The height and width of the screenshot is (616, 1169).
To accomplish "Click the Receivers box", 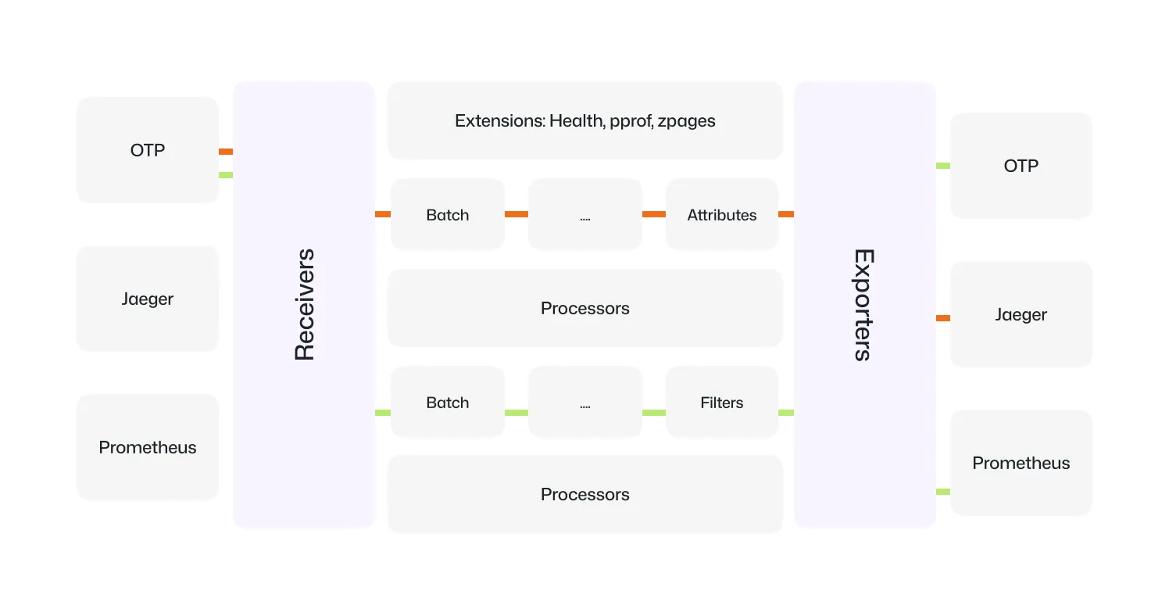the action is [303, 304].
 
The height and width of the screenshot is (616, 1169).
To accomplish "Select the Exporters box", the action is [864, 304].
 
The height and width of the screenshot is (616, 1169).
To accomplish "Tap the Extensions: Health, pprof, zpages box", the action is [585, 120].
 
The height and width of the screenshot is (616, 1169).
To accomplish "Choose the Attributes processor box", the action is [722, 214].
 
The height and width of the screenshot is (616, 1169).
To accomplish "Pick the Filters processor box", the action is [722, 402].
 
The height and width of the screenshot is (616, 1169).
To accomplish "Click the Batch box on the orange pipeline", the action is [448, 214].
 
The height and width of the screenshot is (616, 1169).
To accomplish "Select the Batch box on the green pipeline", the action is [448, 402].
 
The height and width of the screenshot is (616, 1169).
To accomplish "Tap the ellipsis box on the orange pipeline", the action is [585, 214].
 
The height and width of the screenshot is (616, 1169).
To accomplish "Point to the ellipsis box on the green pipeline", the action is [585, 402].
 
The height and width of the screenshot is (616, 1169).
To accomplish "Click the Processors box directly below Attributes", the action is [585, 308].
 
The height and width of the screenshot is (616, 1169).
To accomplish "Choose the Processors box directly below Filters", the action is [585, 494].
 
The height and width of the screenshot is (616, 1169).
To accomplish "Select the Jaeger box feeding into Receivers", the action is [148, 299].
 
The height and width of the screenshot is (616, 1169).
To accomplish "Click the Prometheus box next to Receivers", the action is [148, 447].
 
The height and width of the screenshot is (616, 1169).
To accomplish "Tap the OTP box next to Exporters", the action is [1021, 166].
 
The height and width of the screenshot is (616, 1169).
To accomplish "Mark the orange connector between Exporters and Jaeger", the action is [943, 318].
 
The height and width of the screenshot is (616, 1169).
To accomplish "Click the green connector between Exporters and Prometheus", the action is [943, 492].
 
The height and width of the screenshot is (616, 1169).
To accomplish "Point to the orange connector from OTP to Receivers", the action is [226, 152].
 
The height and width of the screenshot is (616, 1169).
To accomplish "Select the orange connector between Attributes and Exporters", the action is [786, 214].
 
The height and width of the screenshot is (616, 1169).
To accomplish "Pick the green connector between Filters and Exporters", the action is [786, 413].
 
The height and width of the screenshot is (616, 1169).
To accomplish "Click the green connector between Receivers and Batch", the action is [383, 413].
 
